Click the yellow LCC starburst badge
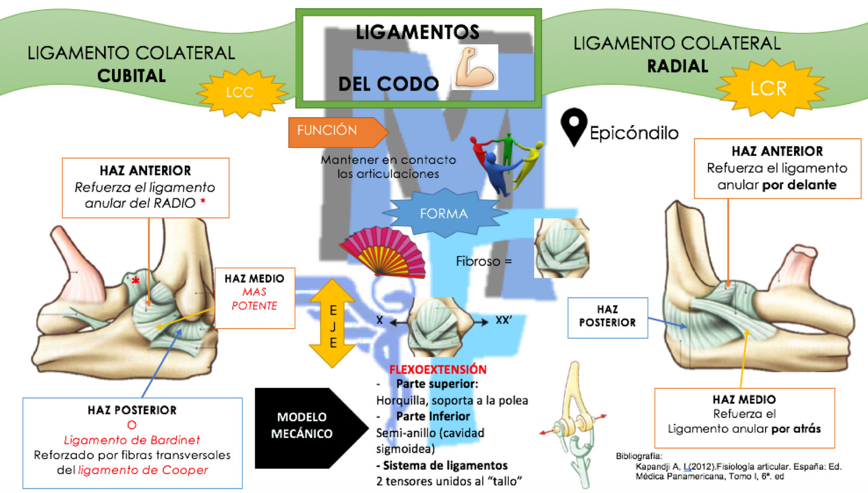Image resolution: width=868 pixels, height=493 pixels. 240,92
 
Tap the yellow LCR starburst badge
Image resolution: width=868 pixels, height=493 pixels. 768,89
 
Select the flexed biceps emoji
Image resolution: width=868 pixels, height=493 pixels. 475,67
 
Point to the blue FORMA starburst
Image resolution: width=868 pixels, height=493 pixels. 444,213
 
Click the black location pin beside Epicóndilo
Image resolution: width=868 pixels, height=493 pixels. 573,126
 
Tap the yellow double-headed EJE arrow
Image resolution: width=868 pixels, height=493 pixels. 333,324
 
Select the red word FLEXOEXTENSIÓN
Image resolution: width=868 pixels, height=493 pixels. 438,370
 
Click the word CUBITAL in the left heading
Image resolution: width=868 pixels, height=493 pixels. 131,76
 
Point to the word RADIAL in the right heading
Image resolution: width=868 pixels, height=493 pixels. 678,67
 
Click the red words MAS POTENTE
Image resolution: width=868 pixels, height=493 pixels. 254,299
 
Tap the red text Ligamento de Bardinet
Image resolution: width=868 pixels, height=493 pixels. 132,440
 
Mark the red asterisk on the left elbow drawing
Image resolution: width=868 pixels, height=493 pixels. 136,281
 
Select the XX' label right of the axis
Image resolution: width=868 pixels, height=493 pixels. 503,320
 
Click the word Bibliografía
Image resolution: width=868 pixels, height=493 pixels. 639,456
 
